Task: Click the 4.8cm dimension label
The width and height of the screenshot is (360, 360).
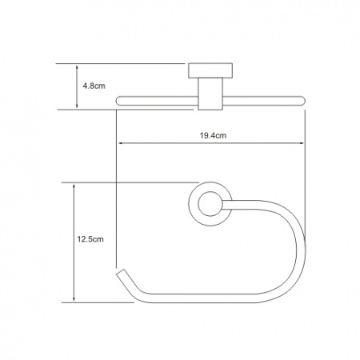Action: tap(94, 86)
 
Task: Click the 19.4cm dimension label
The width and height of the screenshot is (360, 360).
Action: tap(213, 135)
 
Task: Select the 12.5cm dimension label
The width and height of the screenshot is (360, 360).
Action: tap(90, 239)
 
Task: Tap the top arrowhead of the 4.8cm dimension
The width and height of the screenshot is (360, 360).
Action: tap(77, 68)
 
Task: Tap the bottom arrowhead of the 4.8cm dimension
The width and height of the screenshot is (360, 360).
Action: tap(77, 106)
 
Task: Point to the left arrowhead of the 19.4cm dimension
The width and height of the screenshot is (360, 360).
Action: tap(121, 143)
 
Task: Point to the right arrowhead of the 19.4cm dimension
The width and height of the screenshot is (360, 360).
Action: tap(302, 143)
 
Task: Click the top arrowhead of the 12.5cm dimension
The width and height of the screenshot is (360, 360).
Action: tap(74, 186)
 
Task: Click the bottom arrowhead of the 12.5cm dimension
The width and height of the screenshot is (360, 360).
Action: tap(74, 298)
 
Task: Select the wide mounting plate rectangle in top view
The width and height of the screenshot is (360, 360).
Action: tap(210, 70)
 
